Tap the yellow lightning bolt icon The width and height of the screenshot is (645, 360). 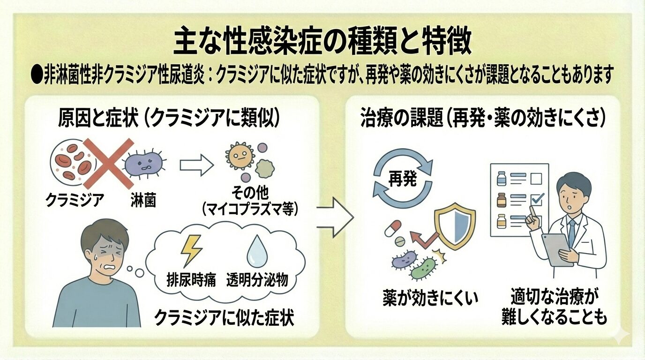(x=191, y=250)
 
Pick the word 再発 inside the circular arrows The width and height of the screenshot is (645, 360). (x=403, y=180)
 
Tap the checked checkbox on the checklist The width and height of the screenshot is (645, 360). (x=536, y=200)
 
